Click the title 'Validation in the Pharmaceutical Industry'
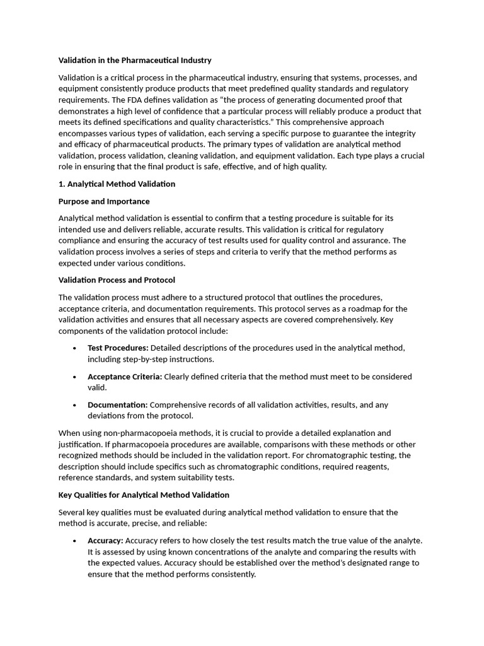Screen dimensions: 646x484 [x=135, y=61]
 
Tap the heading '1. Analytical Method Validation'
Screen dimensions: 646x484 [x=117, y=184]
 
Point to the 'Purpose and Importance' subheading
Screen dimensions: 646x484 [x=104, y=201]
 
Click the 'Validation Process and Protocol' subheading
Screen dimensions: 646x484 [x=117, y=280]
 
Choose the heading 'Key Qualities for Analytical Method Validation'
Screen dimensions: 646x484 [x=144, y=495]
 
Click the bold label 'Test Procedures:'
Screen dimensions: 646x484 [x=118, y=348]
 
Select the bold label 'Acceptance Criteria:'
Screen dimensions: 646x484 [x=125, y=377]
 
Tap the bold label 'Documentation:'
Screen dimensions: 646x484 [x=117, y=405]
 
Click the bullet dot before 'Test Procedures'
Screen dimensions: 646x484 [x=74, y=348]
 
